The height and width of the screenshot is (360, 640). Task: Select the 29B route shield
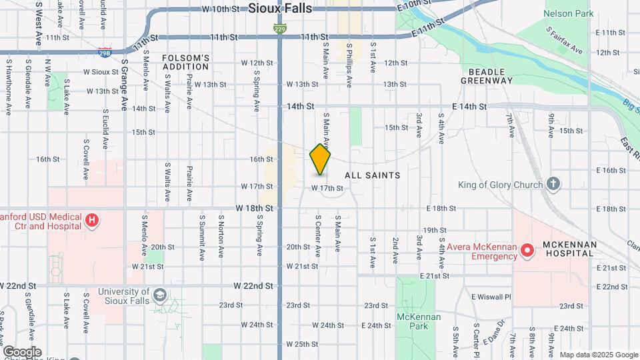coord(104,51)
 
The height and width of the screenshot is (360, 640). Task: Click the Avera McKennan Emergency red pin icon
coord(527,251)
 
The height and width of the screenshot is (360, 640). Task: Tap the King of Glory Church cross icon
coord(553,184)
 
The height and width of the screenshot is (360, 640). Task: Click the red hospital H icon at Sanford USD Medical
coord(93,219)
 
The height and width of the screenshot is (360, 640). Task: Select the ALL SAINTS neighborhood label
coord(373,175)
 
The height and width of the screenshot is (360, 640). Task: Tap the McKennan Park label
coord(418,321)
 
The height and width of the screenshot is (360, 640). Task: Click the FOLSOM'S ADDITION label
coord(186,63)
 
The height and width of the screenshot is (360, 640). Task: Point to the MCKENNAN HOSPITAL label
coord(569,249)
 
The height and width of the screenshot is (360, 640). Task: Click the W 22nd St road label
coord(253,285)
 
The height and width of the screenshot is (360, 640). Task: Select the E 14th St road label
coord(467,107)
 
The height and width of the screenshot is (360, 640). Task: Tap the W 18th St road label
coord(254,208)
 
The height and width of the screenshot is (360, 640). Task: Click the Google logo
coord(22,352)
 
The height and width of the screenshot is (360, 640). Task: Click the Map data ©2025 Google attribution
coord(598,355)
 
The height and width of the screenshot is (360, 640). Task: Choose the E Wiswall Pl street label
coord(491,297)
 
